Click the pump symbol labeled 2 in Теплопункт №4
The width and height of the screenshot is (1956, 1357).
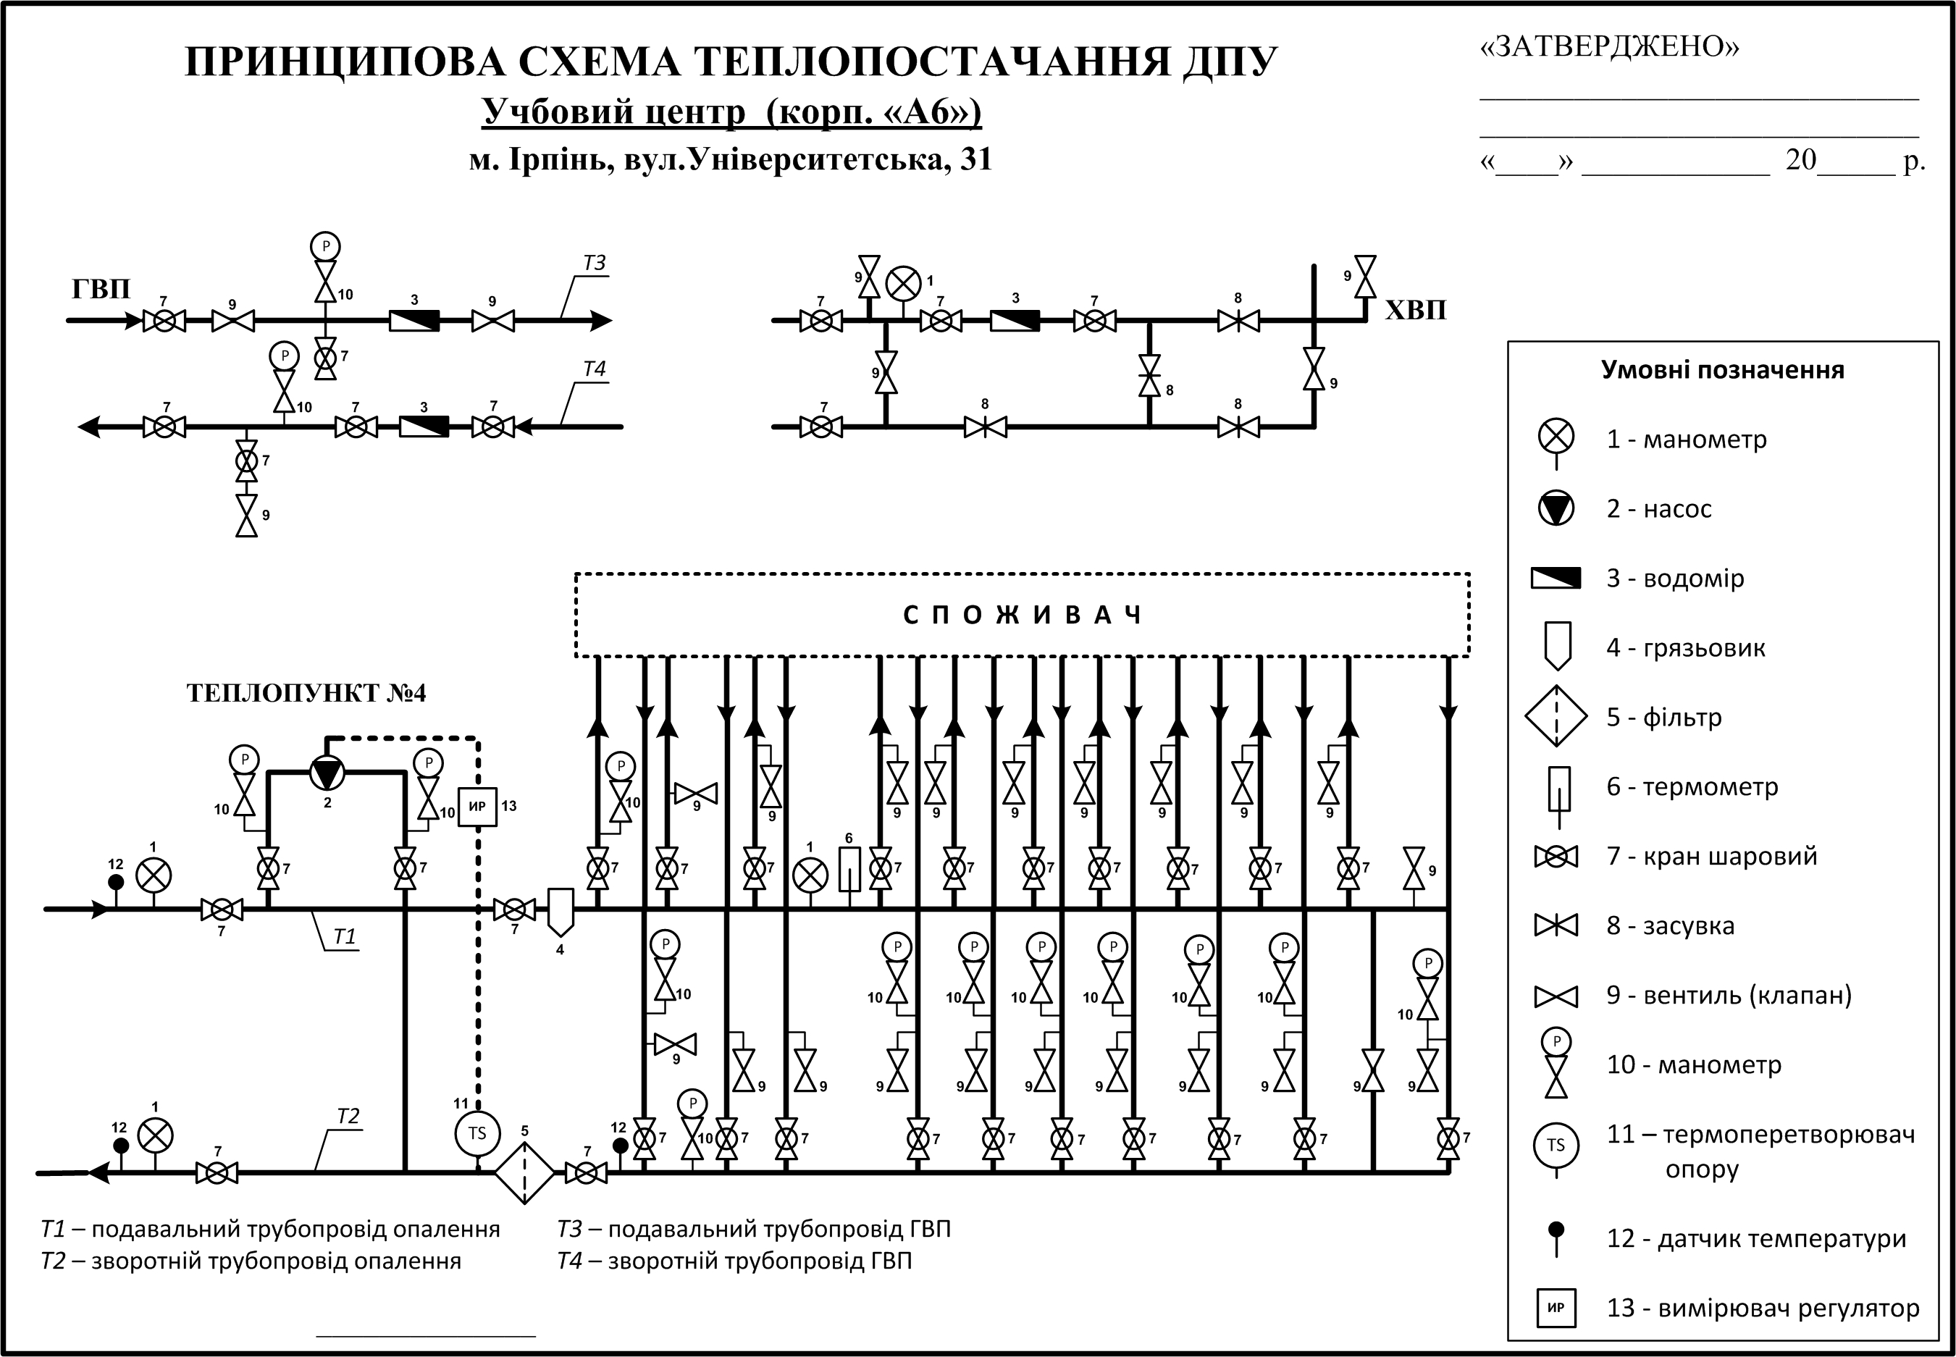point(327,772)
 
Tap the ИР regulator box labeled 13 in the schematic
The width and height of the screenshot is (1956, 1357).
point(477,806)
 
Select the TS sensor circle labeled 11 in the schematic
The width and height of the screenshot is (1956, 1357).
point(477,1133)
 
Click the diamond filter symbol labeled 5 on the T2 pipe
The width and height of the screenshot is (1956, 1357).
point(524,1172)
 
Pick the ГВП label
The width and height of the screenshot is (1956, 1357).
point(101,289)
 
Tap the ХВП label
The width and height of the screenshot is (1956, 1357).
point(1415,309)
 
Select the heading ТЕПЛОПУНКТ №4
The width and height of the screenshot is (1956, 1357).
point(306,694)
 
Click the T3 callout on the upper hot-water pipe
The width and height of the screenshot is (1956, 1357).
point(595,264)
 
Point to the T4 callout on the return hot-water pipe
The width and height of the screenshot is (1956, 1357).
point(595,369)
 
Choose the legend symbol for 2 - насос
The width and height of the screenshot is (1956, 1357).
point(1556,508)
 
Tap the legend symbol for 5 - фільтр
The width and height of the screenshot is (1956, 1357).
point(1556,716)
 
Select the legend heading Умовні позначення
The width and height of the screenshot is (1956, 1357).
point(1722,370)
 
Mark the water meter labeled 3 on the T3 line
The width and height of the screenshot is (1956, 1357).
point(414,321)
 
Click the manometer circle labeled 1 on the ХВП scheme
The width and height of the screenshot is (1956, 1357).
point(903,284)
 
